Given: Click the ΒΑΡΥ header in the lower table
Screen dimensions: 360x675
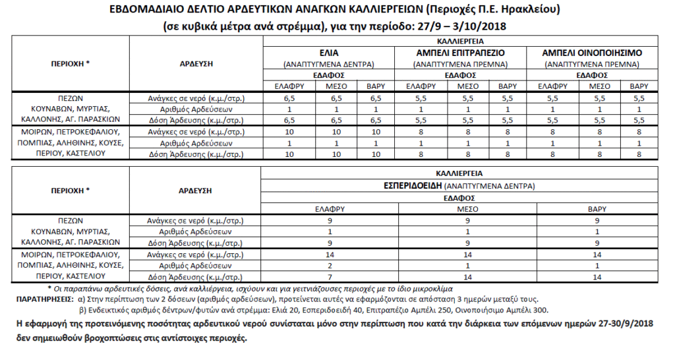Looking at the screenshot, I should pos(597,208).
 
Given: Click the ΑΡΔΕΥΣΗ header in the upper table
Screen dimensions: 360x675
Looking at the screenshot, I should pos(195,63).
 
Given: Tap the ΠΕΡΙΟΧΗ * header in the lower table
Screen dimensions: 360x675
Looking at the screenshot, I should pos(70,190).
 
